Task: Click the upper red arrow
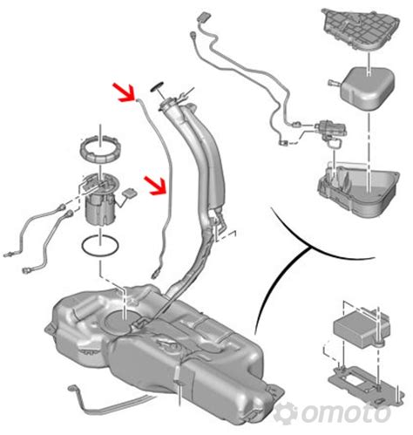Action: tap(125, 93)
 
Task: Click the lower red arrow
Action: tap(156, 185)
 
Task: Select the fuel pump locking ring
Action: tap(100, 151)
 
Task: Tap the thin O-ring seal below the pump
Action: tap(100, 246)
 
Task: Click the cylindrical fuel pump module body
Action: tap(100, 207)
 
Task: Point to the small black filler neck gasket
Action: tap(157, 87)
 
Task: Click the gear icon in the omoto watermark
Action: tap(286, 412)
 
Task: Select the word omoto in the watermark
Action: tap(346, 412)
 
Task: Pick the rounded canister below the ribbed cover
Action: tap(368, 89)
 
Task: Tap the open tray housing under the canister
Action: tap(359, 189)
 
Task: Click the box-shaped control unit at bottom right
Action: tap(361, 328)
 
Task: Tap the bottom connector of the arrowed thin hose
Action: tap(156, 274)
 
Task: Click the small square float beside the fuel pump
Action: tap(130, 193)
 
